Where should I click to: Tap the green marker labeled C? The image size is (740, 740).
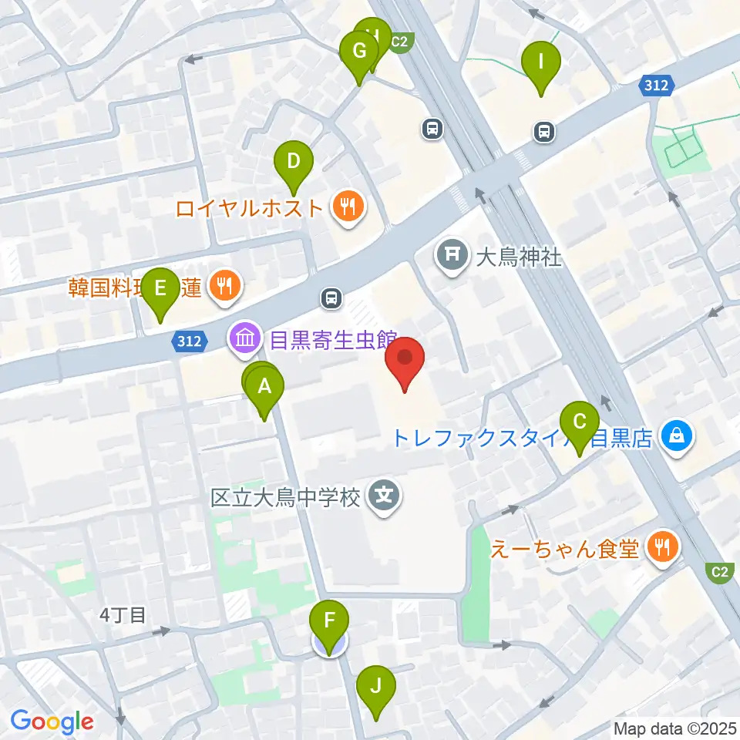pos(580,423)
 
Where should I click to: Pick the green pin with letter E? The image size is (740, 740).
pos(160,290)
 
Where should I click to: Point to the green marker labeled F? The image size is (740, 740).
pos(330,621)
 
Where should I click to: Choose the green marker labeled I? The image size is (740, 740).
pos(541,62)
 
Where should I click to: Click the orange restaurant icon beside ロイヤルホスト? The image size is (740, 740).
pos(348,207)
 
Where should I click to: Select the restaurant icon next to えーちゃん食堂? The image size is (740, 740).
pos(661,549)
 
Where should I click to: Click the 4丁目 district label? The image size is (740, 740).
pos(123,615)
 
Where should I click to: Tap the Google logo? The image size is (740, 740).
pos(52,721)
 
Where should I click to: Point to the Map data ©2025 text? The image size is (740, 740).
pos(675,728)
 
